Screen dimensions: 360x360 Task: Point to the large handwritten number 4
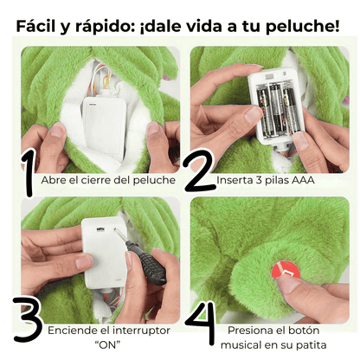click(200, 325)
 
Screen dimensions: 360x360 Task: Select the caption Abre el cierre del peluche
click(109, 180)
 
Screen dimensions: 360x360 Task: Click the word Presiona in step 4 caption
click(254, 331)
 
